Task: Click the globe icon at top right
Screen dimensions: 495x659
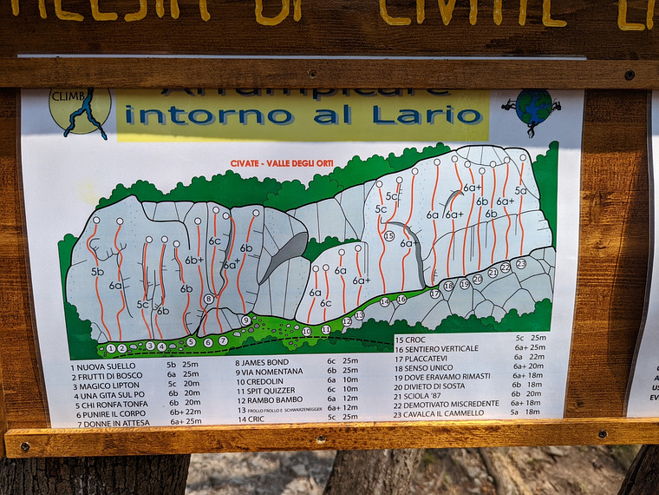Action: (x=532, y=109)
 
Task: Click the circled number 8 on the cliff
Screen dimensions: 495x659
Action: (x=209, y=299)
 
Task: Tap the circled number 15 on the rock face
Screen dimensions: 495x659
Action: (x=389, y=236)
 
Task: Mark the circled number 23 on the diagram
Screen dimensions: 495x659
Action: (x=521, y=263)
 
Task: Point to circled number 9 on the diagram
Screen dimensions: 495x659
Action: (x=246, y=320)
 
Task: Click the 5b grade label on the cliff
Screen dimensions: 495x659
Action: (x=97, y=272)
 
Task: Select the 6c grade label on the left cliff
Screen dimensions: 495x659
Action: (x=214, y=241)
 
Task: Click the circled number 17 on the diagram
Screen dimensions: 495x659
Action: (x=435, y=294)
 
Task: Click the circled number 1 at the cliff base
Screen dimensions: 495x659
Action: (x=110, y=349)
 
